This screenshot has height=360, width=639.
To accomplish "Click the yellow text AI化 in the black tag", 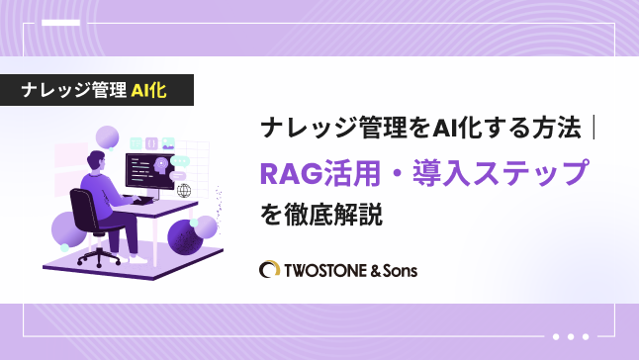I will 148,90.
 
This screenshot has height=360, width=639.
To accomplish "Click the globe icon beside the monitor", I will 183,190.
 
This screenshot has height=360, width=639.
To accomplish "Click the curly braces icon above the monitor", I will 133,144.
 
